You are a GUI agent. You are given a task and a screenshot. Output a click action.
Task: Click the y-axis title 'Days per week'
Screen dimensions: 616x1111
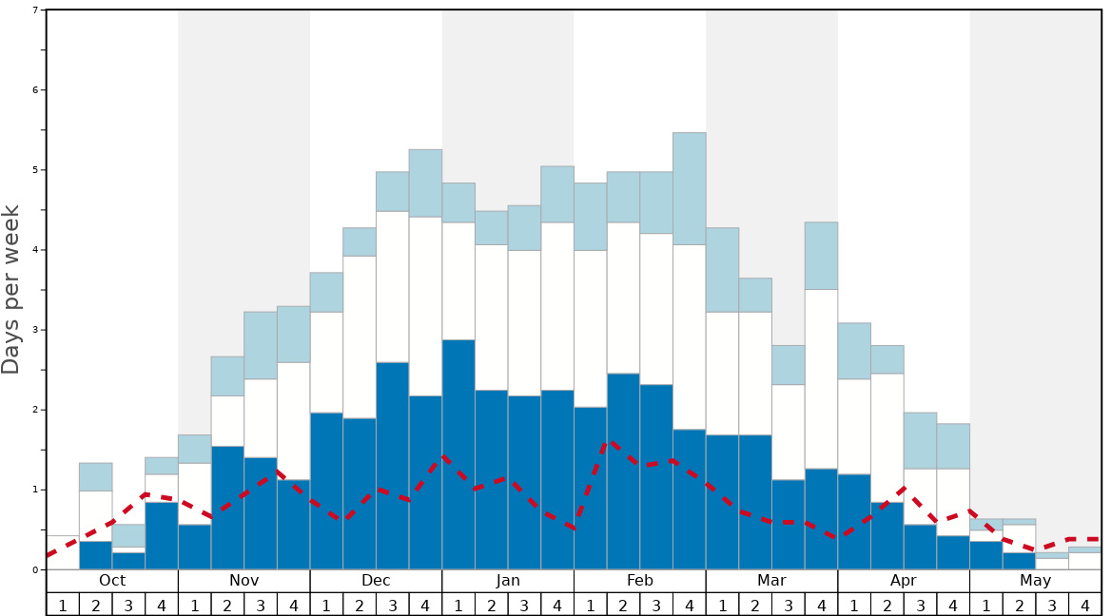11,289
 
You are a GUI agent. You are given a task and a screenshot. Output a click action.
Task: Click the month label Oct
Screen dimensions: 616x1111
112,581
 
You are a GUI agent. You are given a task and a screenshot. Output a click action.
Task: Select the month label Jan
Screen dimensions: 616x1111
508,581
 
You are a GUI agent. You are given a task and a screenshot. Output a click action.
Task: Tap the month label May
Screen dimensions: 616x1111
1036,581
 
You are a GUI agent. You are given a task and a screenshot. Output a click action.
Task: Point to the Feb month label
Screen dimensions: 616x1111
640,581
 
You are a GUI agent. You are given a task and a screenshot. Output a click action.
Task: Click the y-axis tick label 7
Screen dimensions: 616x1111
35,10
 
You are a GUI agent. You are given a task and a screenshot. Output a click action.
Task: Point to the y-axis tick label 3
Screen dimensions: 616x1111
35,330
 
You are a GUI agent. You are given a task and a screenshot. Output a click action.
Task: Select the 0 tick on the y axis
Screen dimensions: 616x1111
35,569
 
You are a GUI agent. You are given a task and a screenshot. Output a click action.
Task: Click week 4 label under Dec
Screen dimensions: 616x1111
425,605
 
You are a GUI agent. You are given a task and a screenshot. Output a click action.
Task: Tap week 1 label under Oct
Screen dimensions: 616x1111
63,605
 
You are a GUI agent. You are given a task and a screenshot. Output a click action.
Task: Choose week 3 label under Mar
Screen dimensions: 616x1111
789,605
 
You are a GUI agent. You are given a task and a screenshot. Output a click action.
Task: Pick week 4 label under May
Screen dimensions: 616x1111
1085,605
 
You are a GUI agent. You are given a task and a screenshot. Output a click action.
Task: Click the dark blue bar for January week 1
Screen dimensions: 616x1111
458,454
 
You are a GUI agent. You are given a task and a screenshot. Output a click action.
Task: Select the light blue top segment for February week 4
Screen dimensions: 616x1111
690,188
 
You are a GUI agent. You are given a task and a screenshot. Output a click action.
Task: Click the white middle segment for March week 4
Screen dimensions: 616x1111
821,378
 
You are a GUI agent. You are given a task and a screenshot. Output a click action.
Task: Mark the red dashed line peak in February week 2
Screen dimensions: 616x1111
612,442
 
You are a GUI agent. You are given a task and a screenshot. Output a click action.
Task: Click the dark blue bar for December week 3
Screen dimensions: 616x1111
393,466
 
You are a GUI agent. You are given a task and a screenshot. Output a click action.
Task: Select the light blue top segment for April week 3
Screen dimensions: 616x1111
920,440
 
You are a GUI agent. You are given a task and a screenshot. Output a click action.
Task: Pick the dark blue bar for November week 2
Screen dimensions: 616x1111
227,508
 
